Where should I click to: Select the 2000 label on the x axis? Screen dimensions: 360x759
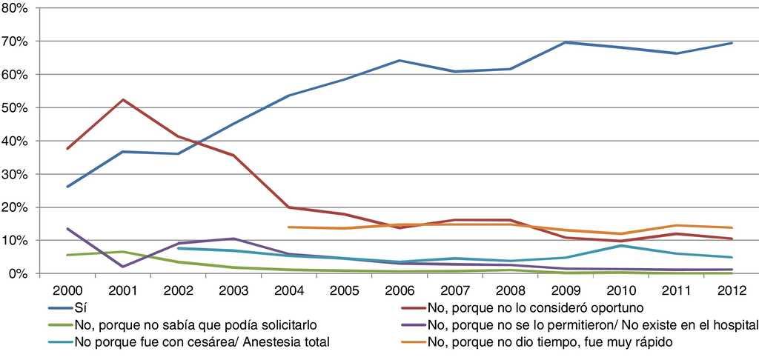click(x=68, y=290)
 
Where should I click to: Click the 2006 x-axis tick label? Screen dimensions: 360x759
click(x=400, y=290)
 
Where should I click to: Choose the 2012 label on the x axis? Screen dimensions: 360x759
click(x=732, y=290)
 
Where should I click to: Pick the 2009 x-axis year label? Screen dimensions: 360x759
click(x=566, y=290)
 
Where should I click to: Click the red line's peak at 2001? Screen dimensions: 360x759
click(x=124, y=99)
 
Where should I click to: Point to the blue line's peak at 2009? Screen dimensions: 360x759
click(x=566, y=42)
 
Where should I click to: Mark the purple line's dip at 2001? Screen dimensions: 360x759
click(x=124, y=267)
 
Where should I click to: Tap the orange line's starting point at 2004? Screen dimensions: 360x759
click(x=290, y=227)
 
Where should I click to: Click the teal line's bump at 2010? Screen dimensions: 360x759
click(x=621, y=245)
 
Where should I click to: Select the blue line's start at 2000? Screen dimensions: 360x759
click(x=68, y=187)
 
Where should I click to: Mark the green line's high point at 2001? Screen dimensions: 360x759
click(x=124, y=252)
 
